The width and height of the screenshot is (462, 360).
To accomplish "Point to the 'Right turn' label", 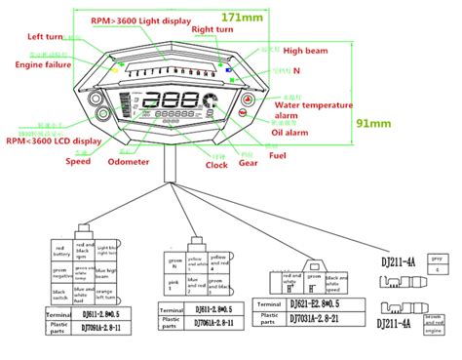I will pyautogui.click(x=213, y=31).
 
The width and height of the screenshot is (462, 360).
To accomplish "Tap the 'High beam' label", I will pyautogui.click(x=304, y=50).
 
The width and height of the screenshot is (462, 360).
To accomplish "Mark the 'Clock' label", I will pyautogui.click(x=215, y=165).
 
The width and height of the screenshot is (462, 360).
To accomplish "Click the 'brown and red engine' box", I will pyautogui.click(x=435, y=323).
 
